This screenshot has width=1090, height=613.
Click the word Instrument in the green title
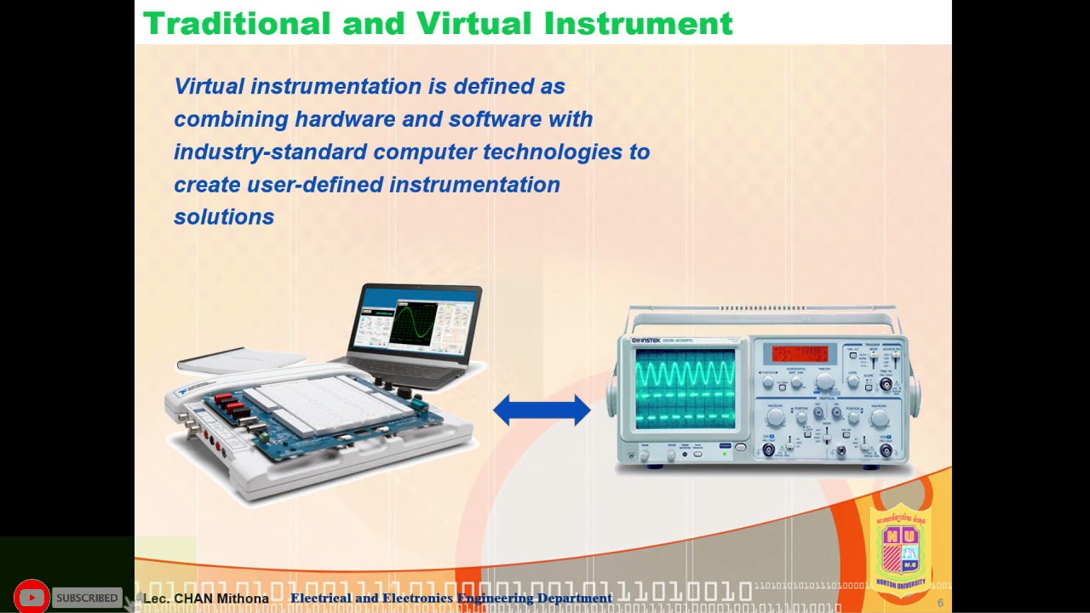click(x=638, y=24)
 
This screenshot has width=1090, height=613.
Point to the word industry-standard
click(x=270, y=152)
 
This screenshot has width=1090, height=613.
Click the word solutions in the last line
click(x=223, y=217)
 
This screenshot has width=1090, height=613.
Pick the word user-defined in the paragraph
click(x=314, y=185)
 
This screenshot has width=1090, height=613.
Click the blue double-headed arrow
click(x=542, y=410)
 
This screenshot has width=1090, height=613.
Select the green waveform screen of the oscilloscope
click(x=685, y=387)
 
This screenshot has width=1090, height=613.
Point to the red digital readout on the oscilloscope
click(x=799, y=353)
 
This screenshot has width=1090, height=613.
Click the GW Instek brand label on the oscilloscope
click(x=645, y=341)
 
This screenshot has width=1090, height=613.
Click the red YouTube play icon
click(x=32, y=598)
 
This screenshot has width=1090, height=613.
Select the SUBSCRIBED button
click(x=87, y=598)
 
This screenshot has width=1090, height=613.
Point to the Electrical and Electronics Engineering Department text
click(x=451, y=599)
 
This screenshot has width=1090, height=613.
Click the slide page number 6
click(x=940, y=603)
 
